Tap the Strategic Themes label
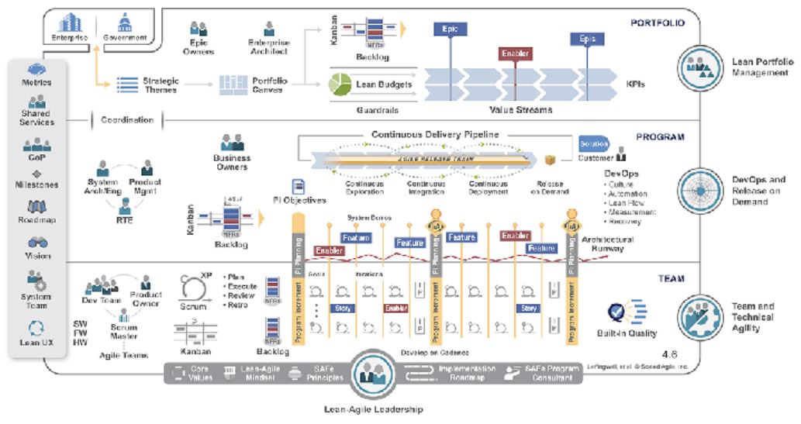click(x=161, y=84)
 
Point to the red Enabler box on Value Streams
click(x=513, y=54)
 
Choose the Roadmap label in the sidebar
click(x=37, y=220)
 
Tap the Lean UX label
click(x=37, y=342)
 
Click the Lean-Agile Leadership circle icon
click(x=375, y=376)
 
